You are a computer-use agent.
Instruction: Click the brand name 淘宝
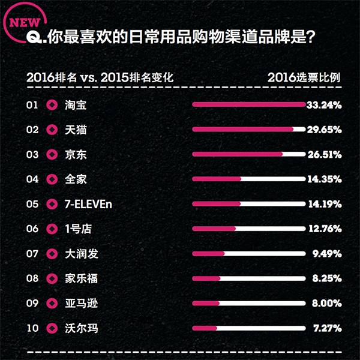[x=76, y=105]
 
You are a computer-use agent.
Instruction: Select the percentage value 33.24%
[x=324, y=105]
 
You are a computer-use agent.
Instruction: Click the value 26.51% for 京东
[x=324, y=154]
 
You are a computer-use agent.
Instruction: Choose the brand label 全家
[x=76, y=179]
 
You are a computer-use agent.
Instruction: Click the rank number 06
[x=32, y=229]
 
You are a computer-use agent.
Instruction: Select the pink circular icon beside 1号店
[x=52, y=229]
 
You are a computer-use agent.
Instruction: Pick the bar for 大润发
[x=249, y=253]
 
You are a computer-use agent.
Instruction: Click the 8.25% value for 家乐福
[x=326, y=278]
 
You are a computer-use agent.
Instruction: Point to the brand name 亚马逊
[x=81, y=303]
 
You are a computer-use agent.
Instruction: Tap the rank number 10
[x=32, y=328]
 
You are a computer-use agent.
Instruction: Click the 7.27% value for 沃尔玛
[x=326, y=328]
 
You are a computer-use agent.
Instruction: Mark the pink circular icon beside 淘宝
[x=52, y=105]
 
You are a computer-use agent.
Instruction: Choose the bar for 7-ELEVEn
[x=249, y=204]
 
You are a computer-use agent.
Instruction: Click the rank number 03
[x=32, y=154]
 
